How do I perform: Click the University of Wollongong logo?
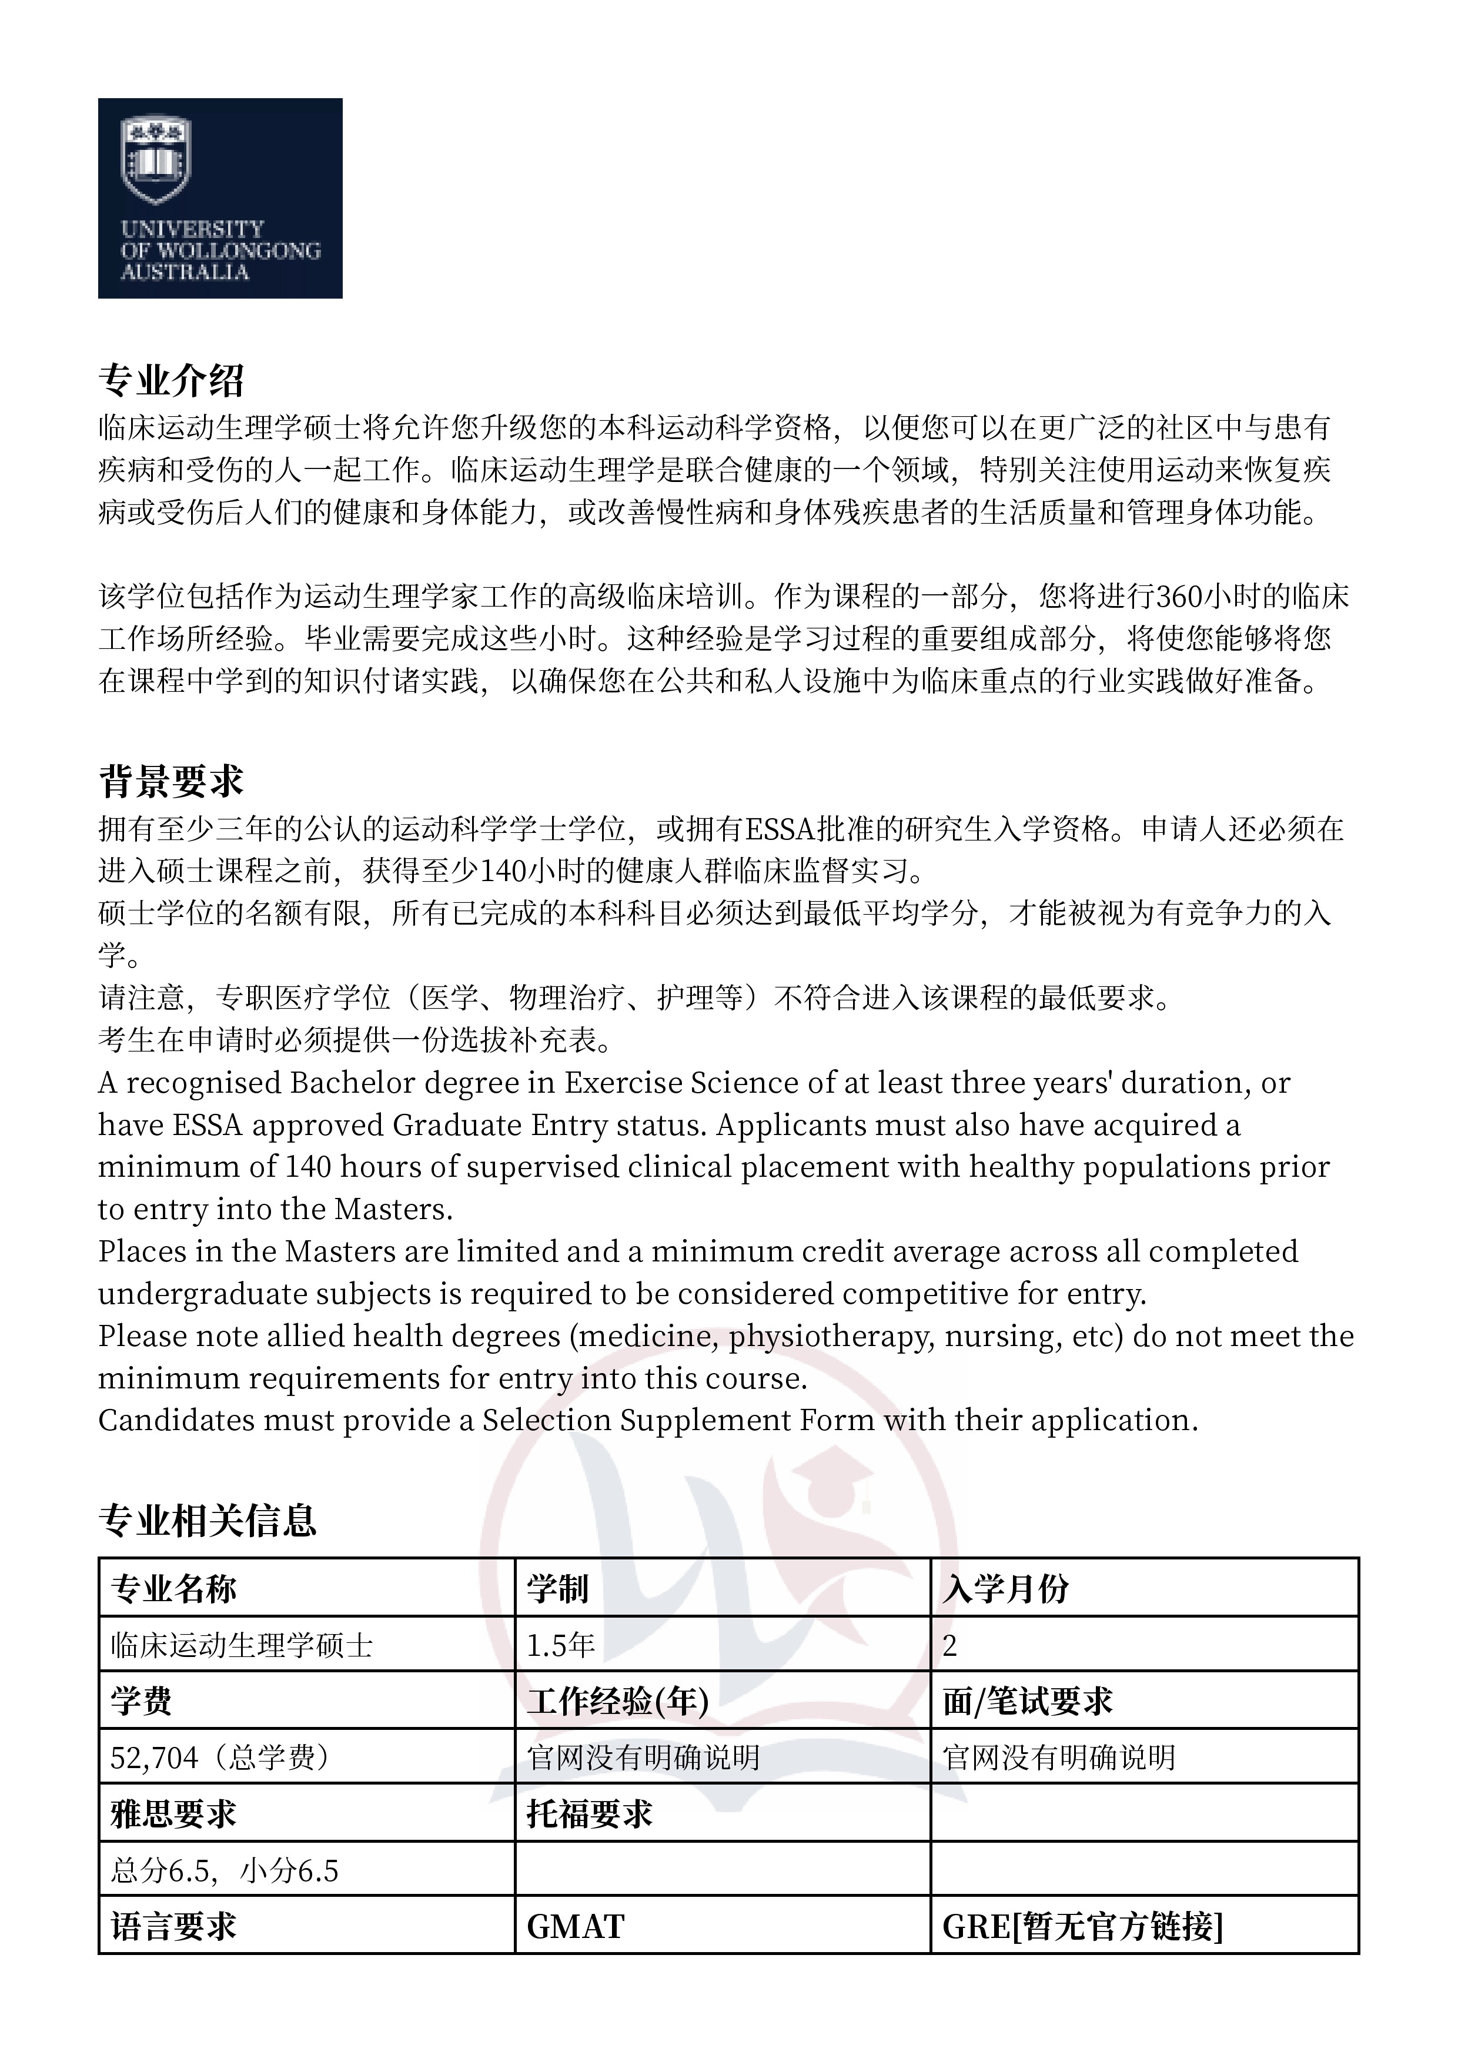pos(220,198)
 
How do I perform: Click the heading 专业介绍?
pos(170,381)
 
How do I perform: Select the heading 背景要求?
pos(170,781)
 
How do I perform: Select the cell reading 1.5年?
pos(560,1645)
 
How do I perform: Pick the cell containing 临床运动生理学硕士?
pos(242,1645)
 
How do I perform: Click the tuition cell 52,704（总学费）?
pos(220,1758)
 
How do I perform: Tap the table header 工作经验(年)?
pos(618,1701)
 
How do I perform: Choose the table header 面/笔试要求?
pos(1028,1701)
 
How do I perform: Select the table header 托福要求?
pos(589,1814)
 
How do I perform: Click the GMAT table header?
pos(575,1926)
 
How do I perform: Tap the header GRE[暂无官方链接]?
pos(1082,1926)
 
